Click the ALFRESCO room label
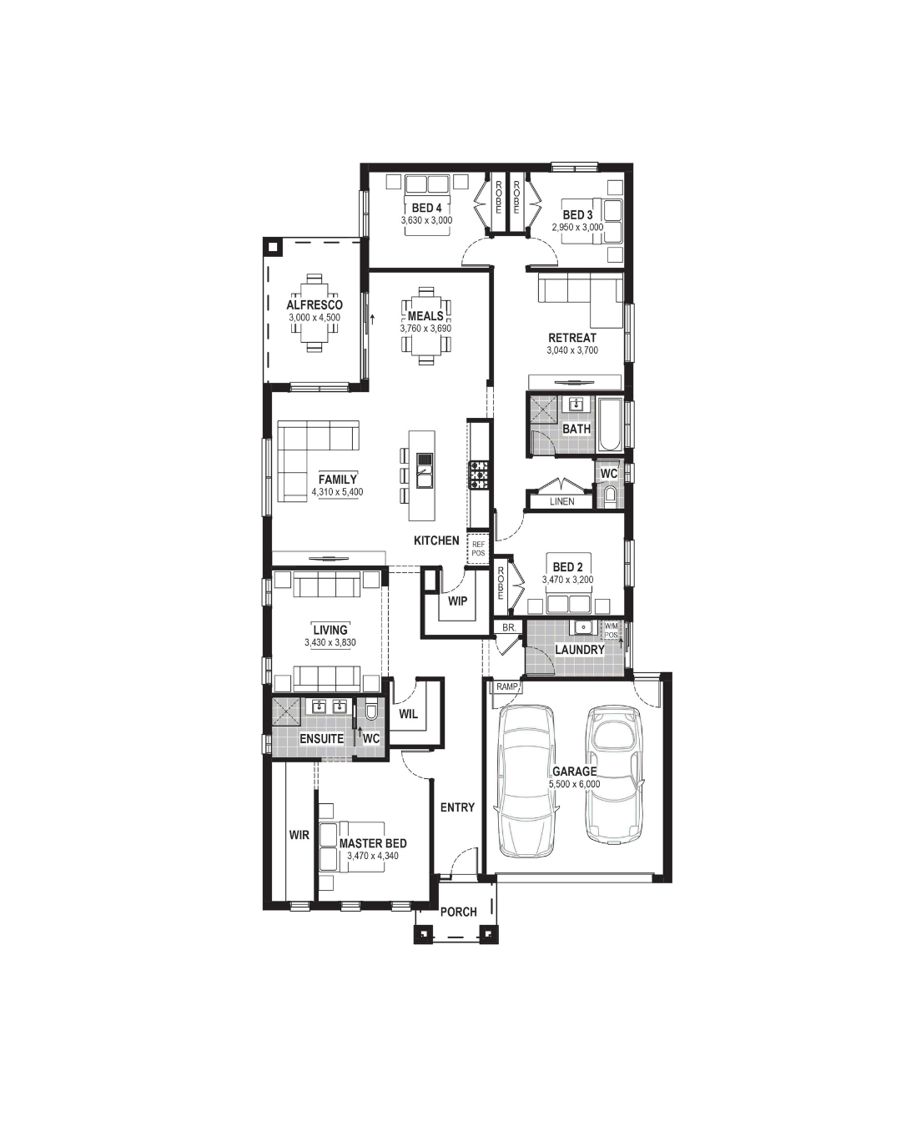click(x=315, y=304)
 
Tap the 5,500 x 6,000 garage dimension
click(x=574, y=784)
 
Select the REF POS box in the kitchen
click(x=478, y=549)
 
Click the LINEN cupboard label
click(x=561, y=501)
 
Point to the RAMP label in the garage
click(x=506, y=686)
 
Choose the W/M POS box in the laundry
click(x=611, y=631)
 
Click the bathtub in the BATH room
click(x=609, y=425)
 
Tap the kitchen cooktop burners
click(x=479, y=475)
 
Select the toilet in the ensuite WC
click(x=371, y=711)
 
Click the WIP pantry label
click(x=457, y=601)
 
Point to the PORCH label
click(x=458, y=912)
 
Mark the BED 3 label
click(x=577, y=214)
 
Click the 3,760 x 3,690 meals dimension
click(x=425, y=329)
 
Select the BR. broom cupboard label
click(x=508, y=627)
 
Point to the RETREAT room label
click(x=572, y=338)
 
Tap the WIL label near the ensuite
click(x=408, y=714)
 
